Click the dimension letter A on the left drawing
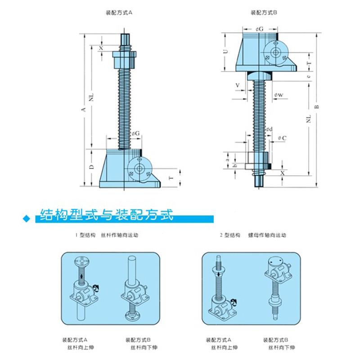(84, 109)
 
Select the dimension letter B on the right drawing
(316, 107)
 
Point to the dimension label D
(91, 166)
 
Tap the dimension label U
(226, 51)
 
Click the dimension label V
(237, 84)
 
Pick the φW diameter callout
(279, 95)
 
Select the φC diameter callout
(282, 138)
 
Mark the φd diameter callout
(269, 130)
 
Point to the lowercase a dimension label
(228, 157)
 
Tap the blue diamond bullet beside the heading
(25, 219)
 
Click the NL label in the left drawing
(91, 97)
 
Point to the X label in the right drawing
(282, 173)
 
